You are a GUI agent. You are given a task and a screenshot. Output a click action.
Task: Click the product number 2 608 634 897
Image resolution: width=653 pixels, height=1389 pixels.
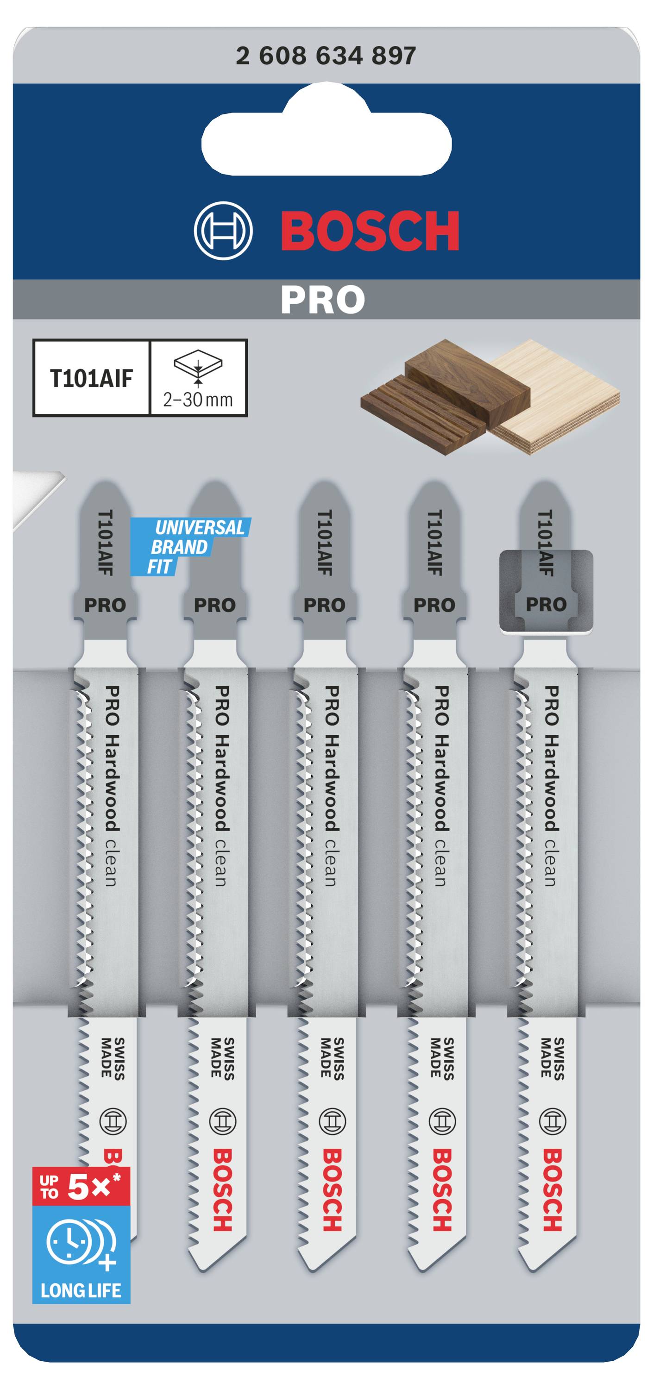click(326, 56)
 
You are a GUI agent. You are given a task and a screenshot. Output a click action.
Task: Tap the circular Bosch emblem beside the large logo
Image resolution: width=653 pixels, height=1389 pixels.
click(223, 231)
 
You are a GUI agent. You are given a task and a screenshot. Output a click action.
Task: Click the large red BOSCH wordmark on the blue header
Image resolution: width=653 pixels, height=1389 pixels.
click(370, 231)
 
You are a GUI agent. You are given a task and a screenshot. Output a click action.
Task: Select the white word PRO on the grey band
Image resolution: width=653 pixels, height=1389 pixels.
click(322, 300)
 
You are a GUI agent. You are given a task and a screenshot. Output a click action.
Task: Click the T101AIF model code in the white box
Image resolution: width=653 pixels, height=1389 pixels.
click(91, 379)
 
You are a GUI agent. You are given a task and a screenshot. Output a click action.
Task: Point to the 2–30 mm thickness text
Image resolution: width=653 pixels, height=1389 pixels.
click(198, 400)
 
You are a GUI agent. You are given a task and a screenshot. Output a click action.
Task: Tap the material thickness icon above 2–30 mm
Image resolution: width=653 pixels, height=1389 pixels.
click(198, 367)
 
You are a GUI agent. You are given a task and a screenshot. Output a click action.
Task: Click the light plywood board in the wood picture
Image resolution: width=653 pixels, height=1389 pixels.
click(561, 399)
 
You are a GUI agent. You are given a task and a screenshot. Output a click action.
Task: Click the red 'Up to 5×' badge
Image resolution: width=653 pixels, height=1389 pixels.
click(81, 1186)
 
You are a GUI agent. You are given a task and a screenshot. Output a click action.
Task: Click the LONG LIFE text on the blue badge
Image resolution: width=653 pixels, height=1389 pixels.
click(81, 1290)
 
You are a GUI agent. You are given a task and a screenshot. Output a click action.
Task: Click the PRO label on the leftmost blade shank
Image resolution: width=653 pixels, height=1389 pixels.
click(105, 605)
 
